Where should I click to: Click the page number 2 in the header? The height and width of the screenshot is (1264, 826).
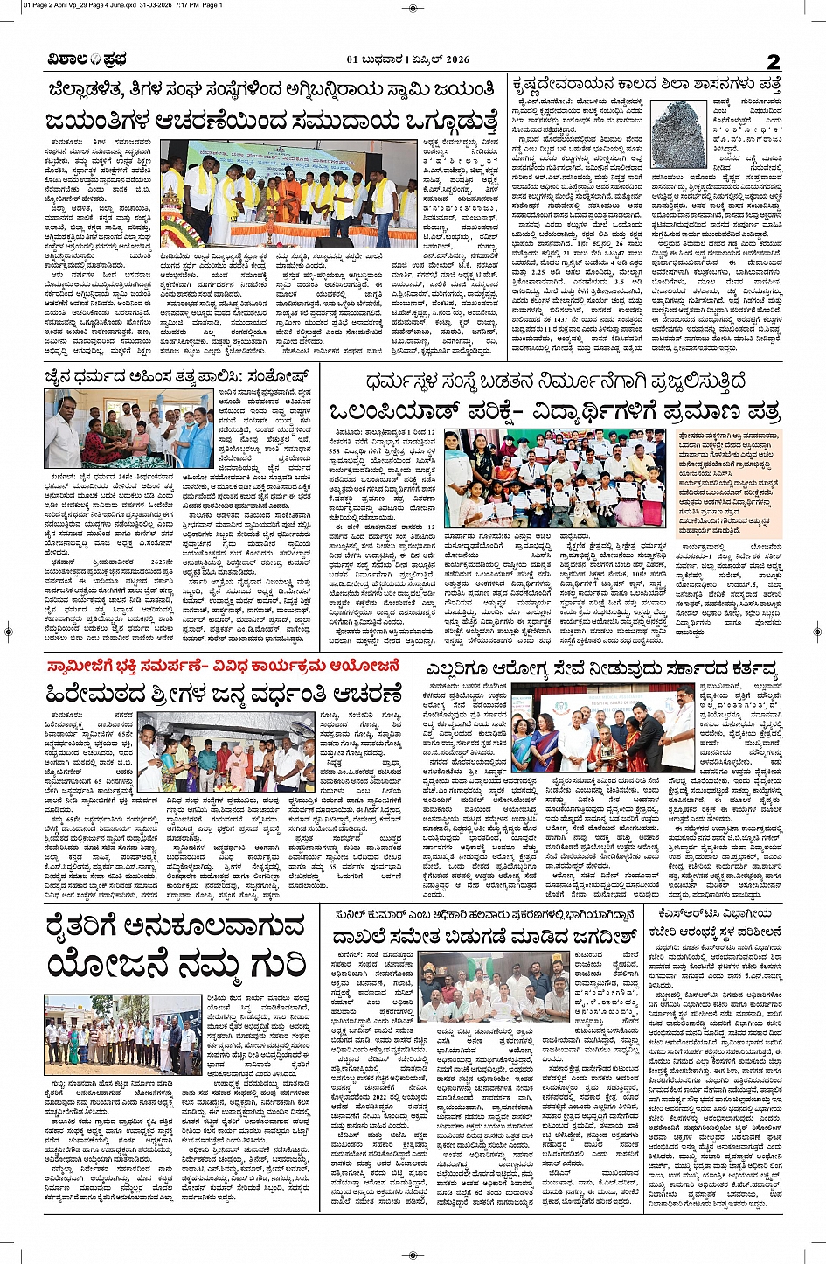click(774, 60)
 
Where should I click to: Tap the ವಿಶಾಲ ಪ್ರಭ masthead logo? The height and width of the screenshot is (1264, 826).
click(87, 60)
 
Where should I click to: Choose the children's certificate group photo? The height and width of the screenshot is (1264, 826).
click(555, 478)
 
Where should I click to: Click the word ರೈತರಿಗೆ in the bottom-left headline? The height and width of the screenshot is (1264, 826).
click(95, 925)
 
